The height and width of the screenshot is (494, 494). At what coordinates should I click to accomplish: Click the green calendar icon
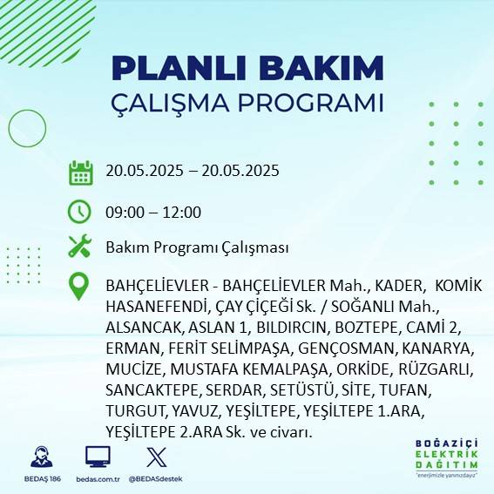point(80,172)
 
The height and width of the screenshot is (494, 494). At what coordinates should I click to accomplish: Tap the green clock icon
point(80,211)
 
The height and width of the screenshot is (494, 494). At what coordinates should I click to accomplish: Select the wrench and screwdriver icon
point(80,247)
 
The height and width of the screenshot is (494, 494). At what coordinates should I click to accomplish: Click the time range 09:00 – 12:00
point(153,212)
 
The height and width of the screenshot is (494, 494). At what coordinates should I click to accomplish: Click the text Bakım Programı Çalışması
point(196,248)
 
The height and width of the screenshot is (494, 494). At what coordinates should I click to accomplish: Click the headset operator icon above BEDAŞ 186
point(39,456)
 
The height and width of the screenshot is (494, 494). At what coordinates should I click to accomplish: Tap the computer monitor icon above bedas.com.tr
point(98,456)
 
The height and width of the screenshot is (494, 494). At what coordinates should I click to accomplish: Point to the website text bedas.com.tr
point(98,479)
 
